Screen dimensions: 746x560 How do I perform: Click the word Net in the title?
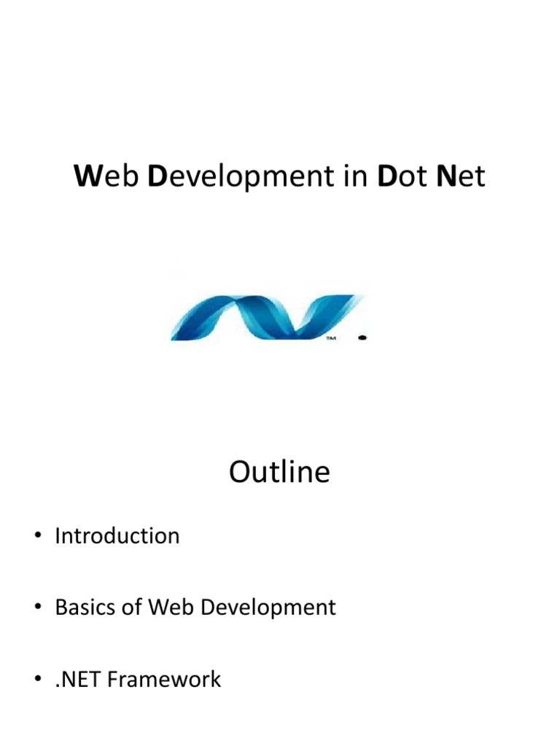pos(460,177)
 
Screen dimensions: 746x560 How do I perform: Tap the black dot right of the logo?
pos(363,337)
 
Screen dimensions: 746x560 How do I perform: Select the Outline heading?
pos(279,473)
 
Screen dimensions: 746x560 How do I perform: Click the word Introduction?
pos(117,536)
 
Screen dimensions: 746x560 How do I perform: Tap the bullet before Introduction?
pos(36,538)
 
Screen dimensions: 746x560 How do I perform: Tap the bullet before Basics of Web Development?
pos(36,609)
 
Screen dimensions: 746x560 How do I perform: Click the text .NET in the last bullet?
pos(78,680)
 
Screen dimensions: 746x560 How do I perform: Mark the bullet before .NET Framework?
pos(36,680)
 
